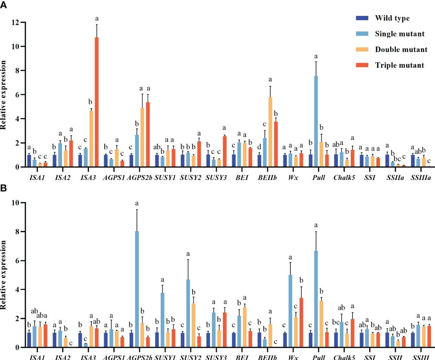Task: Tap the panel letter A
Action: coord(3,5)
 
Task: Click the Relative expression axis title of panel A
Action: coord(4,94)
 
